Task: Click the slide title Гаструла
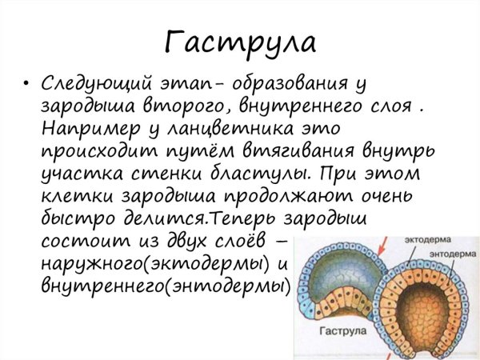pyautogui.click(x=240, y=39)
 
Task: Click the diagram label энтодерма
pyautogui.click(x=445, y=254)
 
